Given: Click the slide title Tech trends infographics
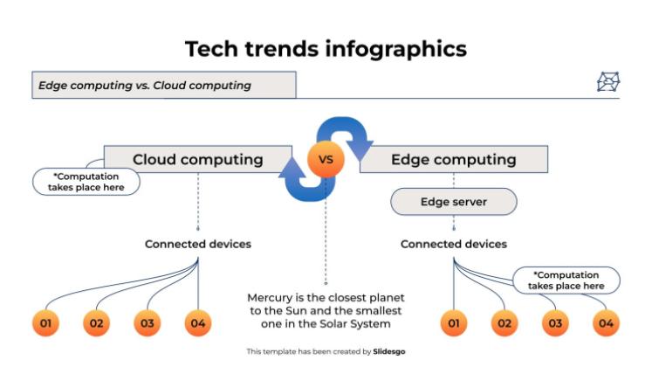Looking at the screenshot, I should [x=326, y=49].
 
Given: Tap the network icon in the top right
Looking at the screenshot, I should [x=607, y=83].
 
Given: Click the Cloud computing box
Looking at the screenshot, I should [x=197, y=160].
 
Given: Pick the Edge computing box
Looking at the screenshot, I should [x=454, y=160].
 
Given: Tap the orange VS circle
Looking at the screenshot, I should [x=326, y=161].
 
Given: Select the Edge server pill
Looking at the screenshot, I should [x=453, y=202].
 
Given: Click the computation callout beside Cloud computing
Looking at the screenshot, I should [x=86, y=182].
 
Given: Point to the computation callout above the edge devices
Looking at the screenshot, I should [x=566, y=280].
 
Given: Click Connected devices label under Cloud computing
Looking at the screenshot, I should [x=197, y=244].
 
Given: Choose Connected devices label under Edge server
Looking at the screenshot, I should [x=453, y=244].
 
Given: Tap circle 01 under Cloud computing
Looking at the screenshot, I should [x=45, y=323].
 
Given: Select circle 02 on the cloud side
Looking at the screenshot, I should [x=96, y=323].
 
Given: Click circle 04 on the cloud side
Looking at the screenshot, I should [x=198, y=323].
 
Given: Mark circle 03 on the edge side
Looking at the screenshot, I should [x=554, y=324].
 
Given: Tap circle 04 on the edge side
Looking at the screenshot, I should [x=606, y=324].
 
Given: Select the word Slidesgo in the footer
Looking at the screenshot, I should [x=389, y=351].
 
